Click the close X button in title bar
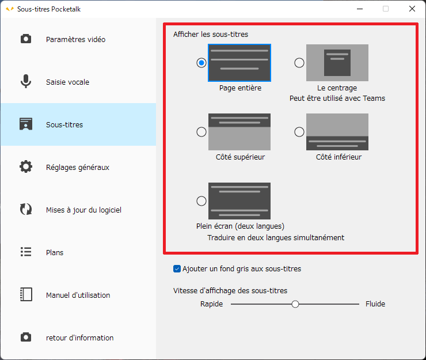click(x=412, y=9)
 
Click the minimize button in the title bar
click(x=360, y=9)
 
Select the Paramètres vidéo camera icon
click(x=26, y=39)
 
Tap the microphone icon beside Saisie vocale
click(x=26, y=81)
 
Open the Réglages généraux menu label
click(x=78, y=167)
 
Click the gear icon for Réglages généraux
click(x=26, y=166)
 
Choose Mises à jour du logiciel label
click(x=83, y=210)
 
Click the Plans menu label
click(x=55, y=253)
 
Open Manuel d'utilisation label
click(x=78, y=295)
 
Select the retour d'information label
click(x=79, y=338)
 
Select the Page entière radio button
click(x=201, y=63)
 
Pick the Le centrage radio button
click(x=299, y=63)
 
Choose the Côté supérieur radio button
click(x=201, y=132)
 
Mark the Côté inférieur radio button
click(x=299, y=132)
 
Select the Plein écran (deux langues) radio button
click(x=201, y=201)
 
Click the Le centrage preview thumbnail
click(x=337, y=63)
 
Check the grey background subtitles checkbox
click(x=177, y=268)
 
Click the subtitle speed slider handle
click(x=295, y=304)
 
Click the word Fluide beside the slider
click(x=375, y=304)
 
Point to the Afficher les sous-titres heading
click(x=211, y=34)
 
